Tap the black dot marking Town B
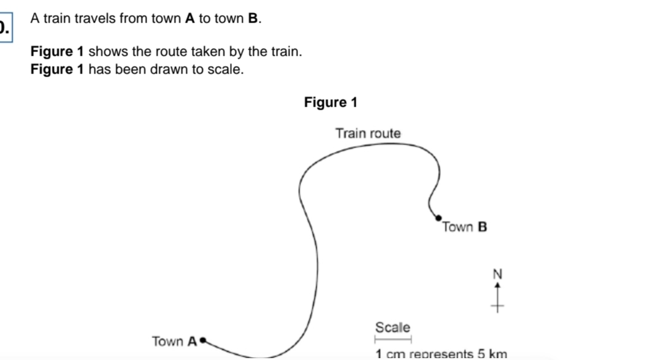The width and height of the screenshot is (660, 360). pyautogui.click(x=438, y=216)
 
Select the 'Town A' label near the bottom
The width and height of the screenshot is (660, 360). pyautogui.click(x=174, y=341)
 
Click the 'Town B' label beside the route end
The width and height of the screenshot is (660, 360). pyautogui.click(x=464, y=228)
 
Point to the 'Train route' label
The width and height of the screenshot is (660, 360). pyautogui.click(x=368, y=133)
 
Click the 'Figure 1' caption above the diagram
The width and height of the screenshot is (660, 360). pyautogui.click(x=330, y=102)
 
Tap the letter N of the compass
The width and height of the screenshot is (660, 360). pyautogui.click(x=497, y=273)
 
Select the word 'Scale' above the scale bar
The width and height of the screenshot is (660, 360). pyautogui.click(x=393, y=327)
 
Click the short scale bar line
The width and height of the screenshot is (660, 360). pyautogui.click(x=393, y=338)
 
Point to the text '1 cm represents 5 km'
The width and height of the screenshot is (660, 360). pyautogui.click(x=441, y=354)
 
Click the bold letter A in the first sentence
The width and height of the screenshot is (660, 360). pyautogui.click(x=190, y=19)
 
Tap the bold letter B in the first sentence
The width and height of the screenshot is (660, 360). pyautogui.click(x=253, y=19)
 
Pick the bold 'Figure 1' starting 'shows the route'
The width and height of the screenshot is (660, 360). pyautogui.click(x=56, y=52)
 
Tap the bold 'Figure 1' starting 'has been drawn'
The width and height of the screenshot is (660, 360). pyautogui.click(x=56, y=69)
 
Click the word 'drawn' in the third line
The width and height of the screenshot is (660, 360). pyautogui.click(x=170, y=69)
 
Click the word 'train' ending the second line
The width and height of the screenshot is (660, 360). pyautogui.click(x=286, y=52)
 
